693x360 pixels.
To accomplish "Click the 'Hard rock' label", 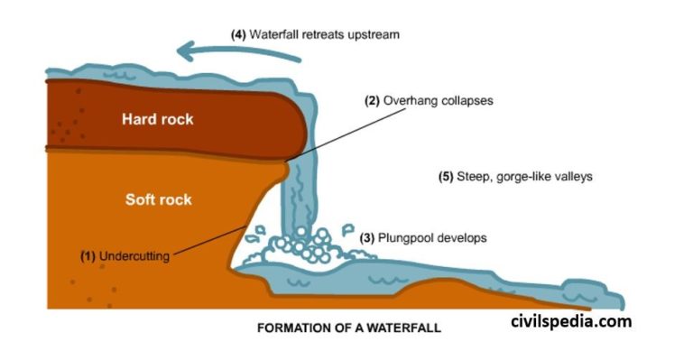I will [159, 118].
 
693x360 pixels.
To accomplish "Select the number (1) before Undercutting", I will [88, 255].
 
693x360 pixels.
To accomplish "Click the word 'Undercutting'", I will [134, 255].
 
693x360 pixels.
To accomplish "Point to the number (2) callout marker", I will [373, 101].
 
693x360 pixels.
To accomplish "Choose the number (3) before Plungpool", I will [368, 238].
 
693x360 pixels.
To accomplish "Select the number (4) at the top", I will [239, 34].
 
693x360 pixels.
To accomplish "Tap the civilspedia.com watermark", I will [571, 321].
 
